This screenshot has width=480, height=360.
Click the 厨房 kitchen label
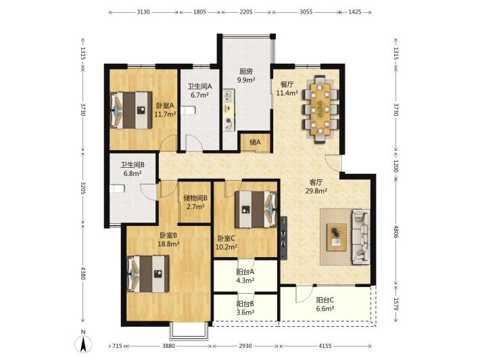246,71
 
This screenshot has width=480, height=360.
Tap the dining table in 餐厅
320,110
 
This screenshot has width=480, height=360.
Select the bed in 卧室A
131,110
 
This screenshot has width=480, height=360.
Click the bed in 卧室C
256,210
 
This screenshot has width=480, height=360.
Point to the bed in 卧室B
148,274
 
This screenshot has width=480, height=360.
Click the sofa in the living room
360,237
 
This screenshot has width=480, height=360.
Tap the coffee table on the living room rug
337,237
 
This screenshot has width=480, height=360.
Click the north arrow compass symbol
83,342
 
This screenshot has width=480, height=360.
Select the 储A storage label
255,142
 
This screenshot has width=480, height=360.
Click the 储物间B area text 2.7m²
195,207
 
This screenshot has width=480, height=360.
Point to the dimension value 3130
143,12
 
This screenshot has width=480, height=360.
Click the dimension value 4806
395,231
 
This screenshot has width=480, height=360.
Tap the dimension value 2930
245,346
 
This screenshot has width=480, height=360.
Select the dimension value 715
117,346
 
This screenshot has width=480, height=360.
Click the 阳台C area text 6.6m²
325,309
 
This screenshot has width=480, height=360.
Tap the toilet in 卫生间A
186,110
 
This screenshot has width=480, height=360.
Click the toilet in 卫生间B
117,188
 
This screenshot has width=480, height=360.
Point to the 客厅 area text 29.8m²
316,192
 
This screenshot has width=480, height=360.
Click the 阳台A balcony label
245,272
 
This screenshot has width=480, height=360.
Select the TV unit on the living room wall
284,238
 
